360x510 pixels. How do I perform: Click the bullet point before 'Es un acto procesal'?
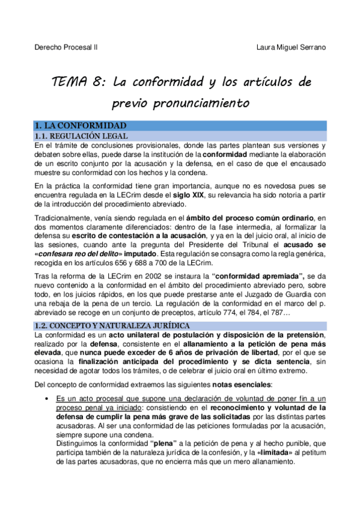46,399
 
